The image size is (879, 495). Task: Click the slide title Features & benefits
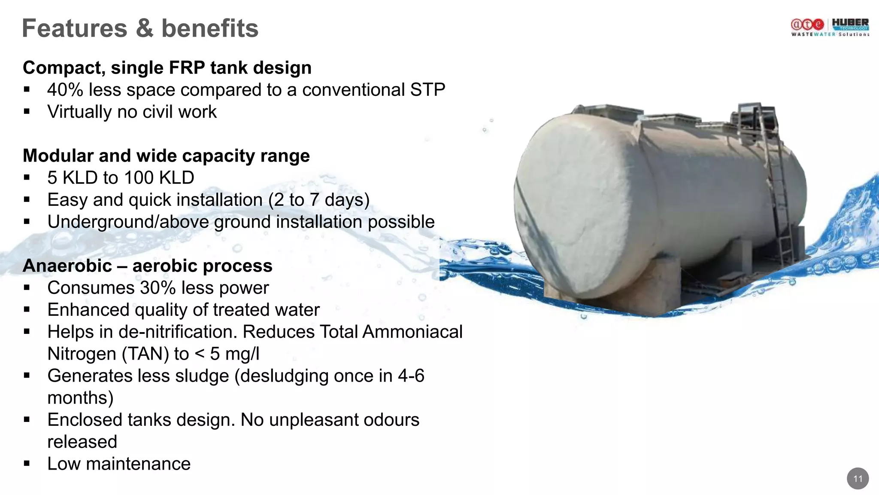point(140,28)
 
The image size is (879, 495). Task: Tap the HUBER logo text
point(850,22)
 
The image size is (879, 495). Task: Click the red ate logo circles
point(807,25)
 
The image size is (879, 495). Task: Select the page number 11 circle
point(858,479)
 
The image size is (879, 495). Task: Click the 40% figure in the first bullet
point(65,90)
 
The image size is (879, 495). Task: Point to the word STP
point(427,90)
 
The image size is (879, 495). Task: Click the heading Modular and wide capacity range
point(166,156)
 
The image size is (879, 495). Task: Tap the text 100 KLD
point(159,178)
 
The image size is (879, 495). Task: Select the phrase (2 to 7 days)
point(319,200)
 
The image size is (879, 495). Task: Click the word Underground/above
point(128,222)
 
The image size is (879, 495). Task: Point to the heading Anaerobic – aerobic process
point(147,266)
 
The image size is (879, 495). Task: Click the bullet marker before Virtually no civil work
point(27,112)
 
